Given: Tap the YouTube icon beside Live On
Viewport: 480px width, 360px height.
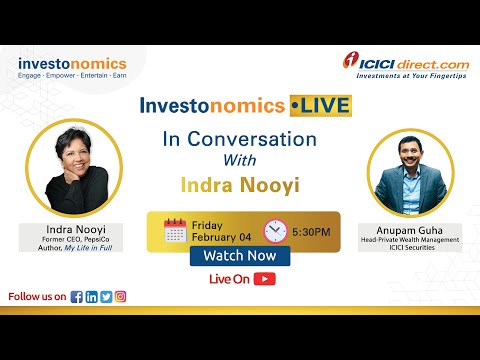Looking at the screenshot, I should (265, 279).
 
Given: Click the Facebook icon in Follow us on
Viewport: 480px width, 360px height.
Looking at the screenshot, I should (77, 296).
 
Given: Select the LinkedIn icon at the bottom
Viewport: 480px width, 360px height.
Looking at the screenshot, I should (92, 296).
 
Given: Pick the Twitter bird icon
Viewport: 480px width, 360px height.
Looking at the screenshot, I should (106, 296).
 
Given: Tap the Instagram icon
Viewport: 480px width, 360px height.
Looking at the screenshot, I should (121, 296).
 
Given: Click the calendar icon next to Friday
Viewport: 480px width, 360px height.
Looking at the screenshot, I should (175, 230).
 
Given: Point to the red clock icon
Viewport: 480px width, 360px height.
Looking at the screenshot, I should (275, 230).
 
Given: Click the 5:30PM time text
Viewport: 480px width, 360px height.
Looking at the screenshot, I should (312, 231).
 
